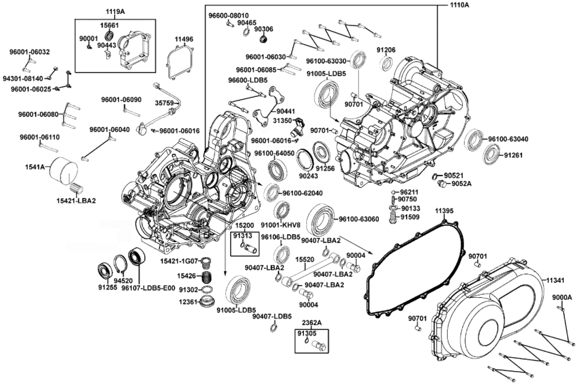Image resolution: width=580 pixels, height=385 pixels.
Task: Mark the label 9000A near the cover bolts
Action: tap(562, 297)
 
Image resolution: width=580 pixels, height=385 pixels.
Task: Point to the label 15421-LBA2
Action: tap(76, 201)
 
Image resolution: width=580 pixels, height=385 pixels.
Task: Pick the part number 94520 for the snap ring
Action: tap(123, 280)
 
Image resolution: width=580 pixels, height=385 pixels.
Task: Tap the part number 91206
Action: tap(386, 50)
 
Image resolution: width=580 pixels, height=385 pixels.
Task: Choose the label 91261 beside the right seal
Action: tap(513, 156)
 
